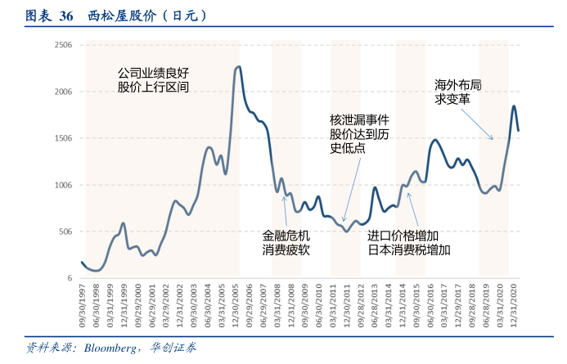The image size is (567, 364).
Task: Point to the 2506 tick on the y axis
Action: click(x=63, y=45)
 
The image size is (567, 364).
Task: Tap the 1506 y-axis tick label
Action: click(x=63, y=138)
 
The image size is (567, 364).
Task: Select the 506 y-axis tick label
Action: click(x=65, y=231)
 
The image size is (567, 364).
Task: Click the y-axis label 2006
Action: click(x=63, y=92)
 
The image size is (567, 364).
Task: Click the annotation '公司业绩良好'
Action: click(x=153, y=73)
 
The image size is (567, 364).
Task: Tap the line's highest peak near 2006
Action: click(x=238, y=67)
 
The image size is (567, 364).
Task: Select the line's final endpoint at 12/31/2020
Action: click(x=519, y=130)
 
